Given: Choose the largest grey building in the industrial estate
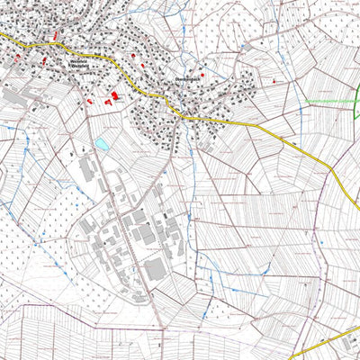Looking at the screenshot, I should pos(155,269).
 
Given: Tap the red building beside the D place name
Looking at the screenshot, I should pos(201,76).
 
